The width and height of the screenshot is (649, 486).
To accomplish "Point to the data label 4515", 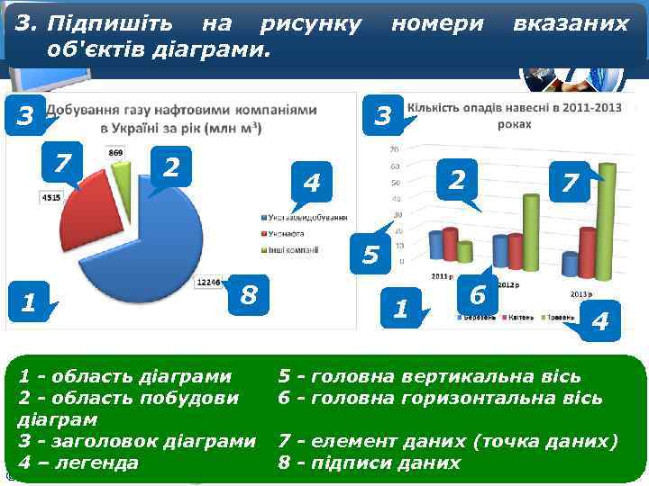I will [x=50, y=197].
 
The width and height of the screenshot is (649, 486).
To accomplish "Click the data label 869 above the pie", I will [x=116, y=154].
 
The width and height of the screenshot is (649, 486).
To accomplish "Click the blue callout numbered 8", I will [x=249, y=294].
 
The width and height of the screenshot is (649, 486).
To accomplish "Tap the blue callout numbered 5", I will [x=370, y=255].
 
